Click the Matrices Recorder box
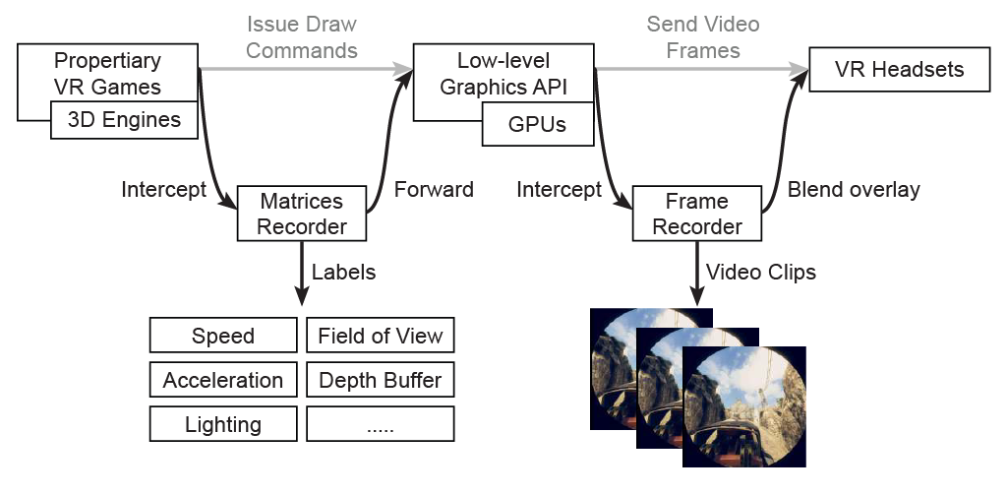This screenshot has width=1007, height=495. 302,214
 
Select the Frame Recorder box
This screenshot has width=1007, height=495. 697,214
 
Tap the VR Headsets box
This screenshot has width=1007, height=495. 899,70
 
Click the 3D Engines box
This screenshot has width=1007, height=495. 125,120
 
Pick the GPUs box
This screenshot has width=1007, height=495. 538,123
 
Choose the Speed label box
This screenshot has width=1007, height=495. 223,335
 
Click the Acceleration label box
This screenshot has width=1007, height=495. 223,379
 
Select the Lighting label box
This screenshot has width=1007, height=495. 223,423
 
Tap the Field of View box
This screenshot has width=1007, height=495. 381,335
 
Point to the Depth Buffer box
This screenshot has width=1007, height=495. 381,379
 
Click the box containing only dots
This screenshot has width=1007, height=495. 381,423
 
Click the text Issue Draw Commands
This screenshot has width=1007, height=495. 302,37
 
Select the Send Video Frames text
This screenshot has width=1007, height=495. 703,37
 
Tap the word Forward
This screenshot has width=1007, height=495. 434,189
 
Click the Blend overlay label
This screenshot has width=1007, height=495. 855,190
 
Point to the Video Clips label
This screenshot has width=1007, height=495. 761,272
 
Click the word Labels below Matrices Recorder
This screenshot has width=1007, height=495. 343,272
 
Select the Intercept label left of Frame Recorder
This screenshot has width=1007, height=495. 560,189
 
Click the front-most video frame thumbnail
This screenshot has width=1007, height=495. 743,406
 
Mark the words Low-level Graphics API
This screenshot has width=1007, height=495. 503,73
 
